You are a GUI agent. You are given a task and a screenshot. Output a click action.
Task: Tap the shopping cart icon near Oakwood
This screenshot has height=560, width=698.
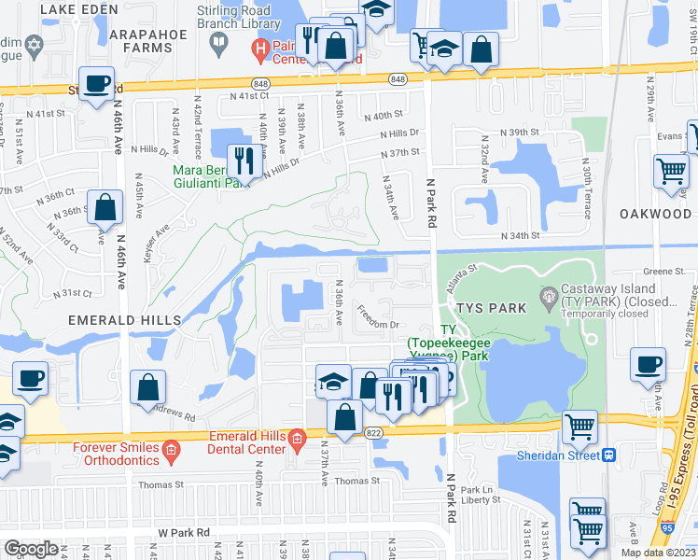click(x=670, y=171)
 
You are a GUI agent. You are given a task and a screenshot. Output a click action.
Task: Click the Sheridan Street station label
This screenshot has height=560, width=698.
click(x=558, y=455)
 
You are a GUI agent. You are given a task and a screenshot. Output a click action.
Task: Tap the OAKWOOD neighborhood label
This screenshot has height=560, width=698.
click(x=655, y=214)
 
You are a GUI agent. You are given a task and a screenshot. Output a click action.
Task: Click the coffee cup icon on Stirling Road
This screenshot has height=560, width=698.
click(x=96, y=84)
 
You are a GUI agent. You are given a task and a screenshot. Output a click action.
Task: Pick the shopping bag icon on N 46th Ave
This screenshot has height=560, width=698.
click(x=105, y=207)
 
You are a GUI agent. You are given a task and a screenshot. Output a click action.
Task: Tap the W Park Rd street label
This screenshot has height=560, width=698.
click(x=184, y=532)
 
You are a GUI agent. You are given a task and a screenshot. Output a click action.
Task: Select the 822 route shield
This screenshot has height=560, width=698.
click(x=374, y=433)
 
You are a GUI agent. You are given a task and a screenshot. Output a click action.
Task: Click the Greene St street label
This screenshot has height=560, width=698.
click(x=663, y=273)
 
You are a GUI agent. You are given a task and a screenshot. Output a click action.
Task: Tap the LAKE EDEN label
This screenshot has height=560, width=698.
click(x=78, y=8)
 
